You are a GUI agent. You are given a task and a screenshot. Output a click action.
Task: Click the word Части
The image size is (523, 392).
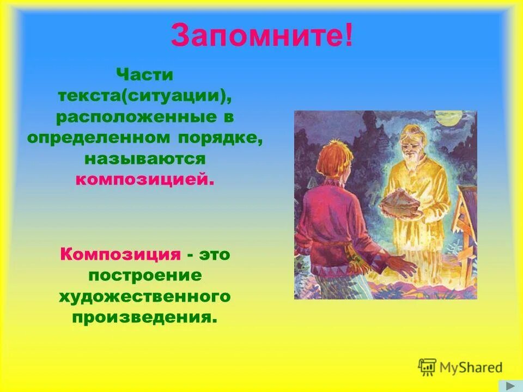coord(145,75)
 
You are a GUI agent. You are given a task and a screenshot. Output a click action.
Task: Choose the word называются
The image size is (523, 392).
coord(145,158)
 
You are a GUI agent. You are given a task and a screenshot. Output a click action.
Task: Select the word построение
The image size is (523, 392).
coord(145,275)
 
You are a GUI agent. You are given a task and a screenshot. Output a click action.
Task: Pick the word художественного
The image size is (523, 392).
coord(145,296)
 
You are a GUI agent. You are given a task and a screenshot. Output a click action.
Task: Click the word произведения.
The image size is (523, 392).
coord(145,317)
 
